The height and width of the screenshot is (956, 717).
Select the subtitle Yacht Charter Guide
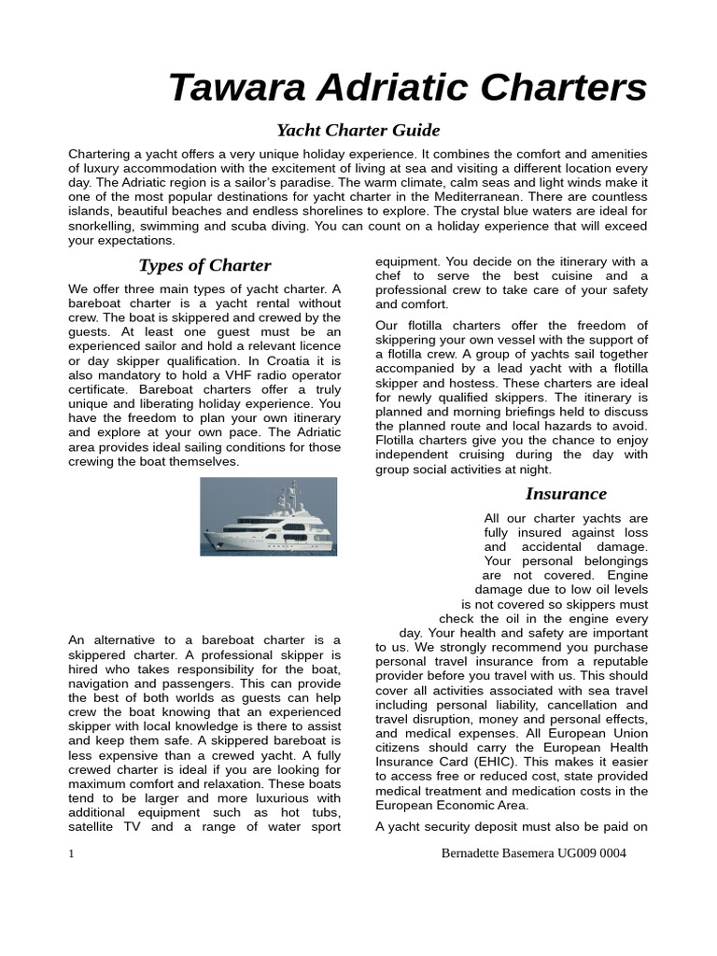358,130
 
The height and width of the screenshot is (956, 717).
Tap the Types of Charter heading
204,265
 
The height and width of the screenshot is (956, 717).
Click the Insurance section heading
566,493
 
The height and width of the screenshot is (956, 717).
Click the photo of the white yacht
269,516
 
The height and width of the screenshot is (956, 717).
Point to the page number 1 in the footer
72,853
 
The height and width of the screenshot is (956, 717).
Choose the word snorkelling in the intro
106,226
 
